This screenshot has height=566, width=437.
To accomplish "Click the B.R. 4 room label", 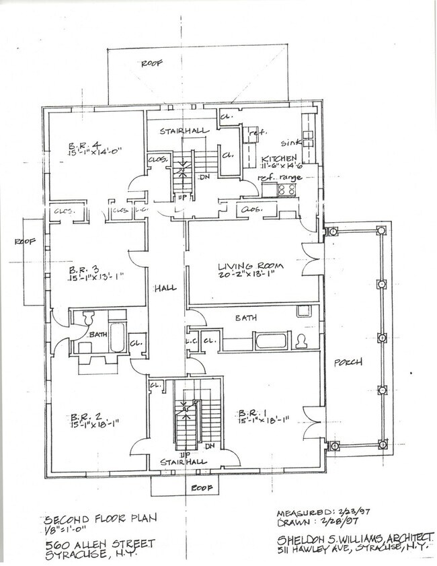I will (81, 146).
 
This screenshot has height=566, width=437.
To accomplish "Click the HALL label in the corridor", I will (165, 288).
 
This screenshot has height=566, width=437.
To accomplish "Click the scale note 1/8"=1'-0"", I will (65, 530).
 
